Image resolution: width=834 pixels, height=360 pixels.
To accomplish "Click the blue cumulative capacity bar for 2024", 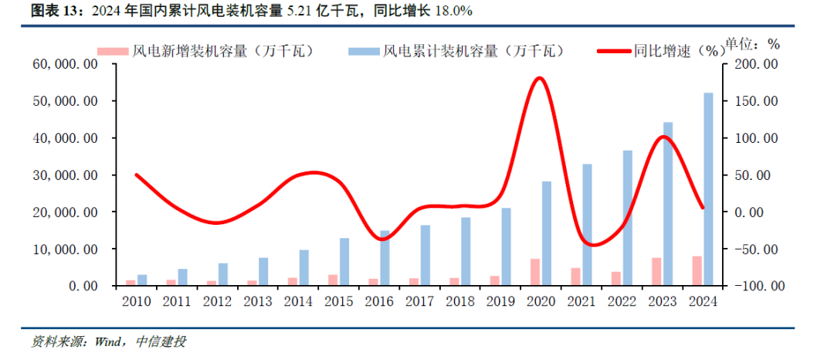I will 707,189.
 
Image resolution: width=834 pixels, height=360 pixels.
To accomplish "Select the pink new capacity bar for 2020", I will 534,272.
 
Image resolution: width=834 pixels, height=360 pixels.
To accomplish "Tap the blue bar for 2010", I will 141,280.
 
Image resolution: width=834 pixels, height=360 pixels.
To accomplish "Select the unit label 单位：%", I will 753,43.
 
